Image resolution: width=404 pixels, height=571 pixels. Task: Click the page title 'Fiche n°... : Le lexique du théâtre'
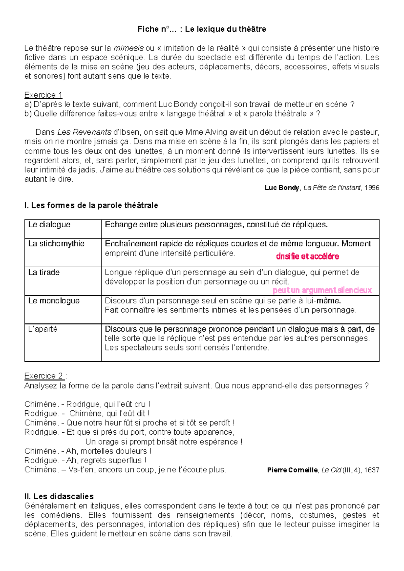point(202,29)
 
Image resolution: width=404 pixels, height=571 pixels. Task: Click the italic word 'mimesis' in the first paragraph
point(129,48)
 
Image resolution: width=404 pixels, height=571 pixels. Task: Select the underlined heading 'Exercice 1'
point(43,95)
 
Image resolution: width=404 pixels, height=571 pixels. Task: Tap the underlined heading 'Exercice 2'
point(43,376)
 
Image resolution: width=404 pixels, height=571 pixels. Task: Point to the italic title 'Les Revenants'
point(84,132)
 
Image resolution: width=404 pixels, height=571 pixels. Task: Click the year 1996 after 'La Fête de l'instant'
point(372,188)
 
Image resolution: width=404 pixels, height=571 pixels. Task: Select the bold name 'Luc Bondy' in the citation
point(282,188)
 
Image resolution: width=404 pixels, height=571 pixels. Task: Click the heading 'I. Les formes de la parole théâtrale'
point(91,205)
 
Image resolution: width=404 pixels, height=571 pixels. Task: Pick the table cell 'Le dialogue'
point(49,225)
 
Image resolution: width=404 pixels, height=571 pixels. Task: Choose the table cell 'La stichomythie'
point(56,243)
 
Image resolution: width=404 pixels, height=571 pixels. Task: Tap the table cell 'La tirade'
point(44,272)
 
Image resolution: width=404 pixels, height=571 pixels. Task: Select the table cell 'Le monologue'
point(54,301)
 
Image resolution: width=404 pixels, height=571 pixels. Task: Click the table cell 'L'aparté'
point(43,329)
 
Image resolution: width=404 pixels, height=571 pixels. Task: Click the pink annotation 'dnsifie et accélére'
point(307,257)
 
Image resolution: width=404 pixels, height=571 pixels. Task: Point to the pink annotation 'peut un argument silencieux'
point(322,290)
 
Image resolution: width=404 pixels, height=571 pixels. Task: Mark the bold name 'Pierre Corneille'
point(292,470)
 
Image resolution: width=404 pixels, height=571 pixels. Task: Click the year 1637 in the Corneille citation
point(372,470)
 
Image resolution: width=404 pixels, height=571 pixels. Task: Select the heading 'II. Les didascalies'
point(59,496)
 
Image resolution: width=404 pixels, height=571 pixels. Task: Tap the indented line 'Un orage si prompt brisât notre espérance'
point(164,442)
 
